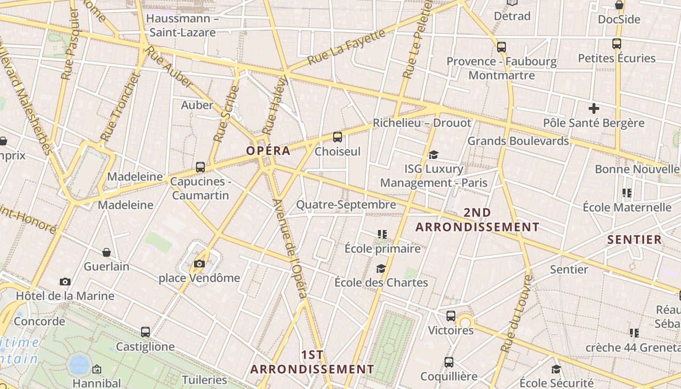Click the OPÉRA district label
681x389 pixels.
268,151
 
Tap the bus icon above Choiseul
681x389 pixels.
338,137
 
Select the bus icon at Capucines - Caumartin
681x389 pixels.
200,167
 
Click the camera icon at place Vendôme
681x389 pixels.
199,264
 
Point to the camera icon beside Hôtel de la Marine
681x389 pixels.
65,282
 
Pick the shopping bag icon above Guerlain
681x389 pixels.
107,252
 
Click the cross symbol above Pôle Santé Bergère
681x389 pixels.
593,108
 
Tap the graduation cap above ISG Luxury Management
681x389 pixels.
433,155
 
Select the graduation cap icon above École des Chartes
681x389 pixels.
381,268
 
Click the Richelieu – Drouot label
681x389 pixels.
422,123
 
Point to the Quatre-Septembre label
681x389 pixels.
346,205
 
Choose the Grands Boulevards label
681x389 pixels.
518,141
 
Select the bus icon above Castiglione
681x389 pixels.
145,332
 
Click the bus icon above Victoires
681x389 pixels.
451,316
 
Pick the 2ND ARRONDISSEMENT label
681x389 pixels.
477,220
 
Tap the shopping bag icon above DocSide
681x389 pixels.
619,5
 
